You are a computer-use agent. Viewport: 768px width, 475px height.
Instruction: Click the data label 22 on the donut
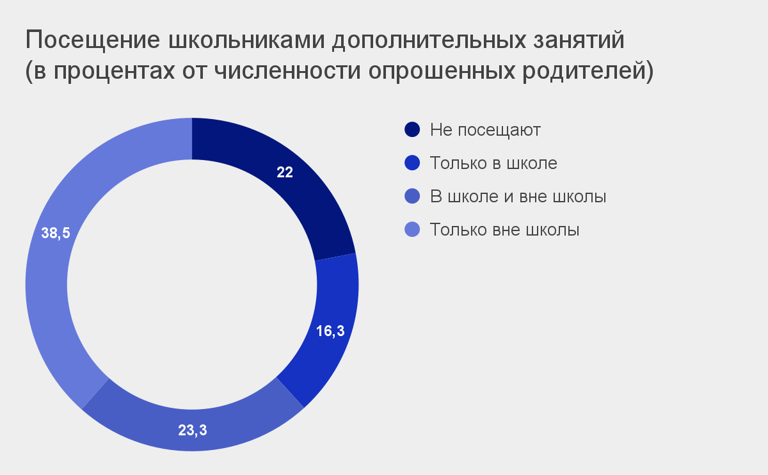[285, 172]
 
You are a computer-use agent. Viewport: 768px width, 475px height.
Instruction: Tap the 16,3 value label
[330, 331]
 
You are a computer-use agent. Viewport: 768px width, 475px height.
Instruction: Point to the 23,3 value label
[193, 430]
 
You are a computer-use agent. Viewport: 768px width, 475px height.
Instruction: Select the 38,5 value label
[56, 233]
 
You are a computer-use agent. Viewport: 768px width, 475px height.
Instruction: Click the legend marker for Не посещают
[412, 130]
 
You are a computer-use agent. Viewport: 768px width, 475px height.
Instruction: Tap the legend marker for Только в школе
[412, 163]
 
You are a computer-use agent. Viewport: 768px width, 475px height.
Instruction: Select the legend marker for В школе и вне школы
[412, 196]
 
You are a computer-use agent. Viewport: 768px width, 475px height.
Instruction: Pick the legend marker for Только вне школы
[412, 229]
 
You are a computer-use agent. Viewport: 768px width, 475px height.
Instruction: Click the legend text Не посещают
[485, 131]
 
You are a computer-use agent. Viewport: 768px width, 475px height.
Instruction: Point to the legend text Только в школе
[493, 163]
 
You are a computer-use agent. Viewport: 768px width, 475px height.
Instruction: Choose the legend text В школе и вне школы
[518, 196]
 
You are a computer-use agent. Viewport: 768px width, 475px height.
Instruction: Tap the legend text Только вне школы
[504, 229]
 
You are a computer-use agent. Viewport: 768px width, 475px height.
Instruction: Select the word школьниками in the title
[246, 40]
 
